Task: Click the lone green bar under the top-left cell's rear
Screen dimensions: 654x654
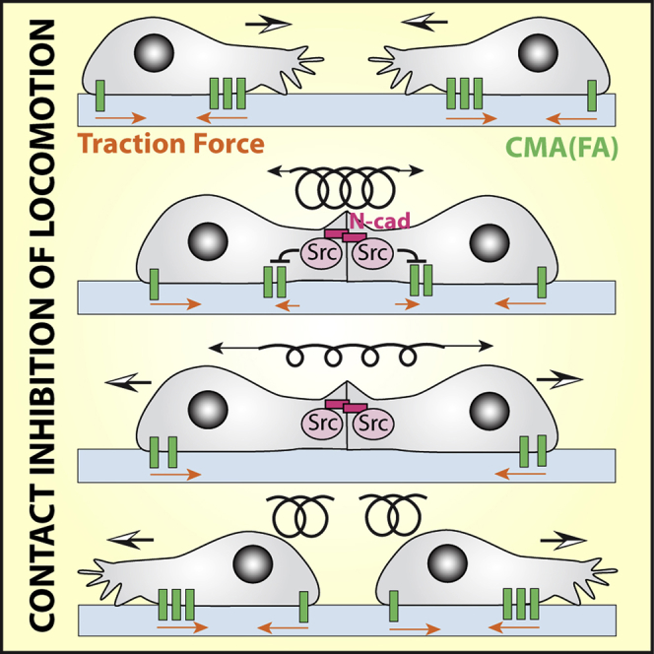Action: coord(100,98)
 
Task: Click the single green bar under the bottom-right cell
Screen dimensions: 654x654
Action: coord(394,605)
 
